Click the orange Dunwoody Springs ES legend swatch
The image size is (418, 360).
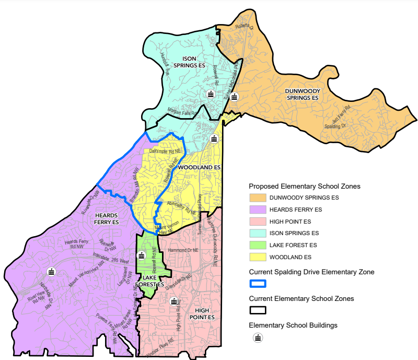coord(258,198)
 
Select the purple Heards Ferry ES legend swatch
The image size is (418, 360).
coord(258,210)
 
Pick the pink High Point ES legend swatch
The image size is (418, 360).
coord(258,222)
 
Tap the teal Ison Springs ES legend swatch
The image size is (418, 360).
coord(258,233)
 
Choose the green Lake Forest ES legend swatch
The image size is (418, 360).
coord(258,245)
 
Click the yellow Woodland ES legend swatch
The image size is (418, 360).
coord(258,257)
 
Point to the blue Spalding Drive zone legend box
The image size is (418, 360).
coord(258,284)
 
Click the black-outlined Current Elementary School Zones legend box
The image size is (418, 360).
coord(258,310)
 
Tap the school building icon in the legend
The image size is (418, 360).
coord(258,338)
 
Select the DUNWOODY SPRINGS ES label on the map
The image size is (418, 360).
coord(302,94)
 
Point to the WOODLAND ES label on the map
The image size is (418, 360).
coord(200,167)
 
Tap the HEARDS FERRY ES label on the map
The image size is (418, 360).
coord(107,218)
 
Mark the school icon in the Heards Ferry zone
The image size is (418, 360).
coord(51,271)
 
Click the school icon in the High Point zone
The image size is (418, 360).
coord(175,301)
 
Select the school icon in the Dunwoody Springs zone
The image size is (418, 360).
coord(235,97)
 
